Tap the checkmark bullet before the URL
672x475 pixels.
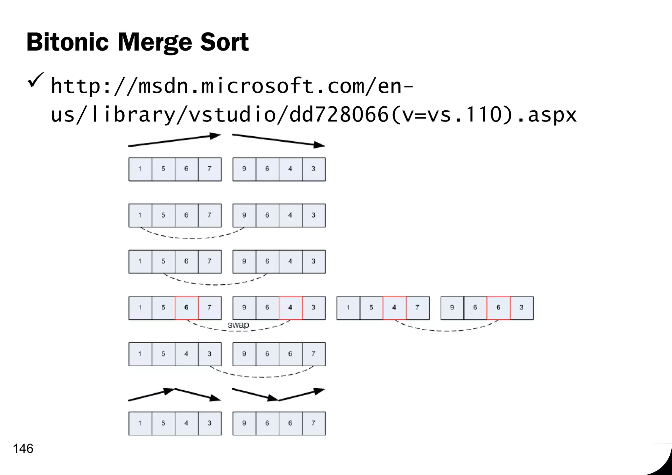[35, 80]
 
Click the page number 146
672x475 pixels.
[23, 448]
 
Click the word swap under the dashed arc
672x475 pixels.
[239, 325]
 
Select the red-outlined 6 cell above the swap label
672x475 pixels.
[186, 308]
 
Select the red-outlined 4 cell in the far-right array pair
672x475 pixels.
[394, 308]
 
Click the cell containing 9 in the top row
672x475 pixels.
[244, 169]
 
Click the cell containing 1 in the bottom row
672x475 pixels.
[140, 423]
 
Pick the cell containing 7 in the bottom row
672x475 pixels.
[313, 423]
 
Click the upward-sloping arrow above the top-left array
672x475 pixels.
[174, 140]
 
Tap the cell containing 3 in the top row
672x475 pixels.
[313, 169]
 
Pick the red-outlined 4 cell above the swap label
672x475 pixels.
[290, 308]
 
